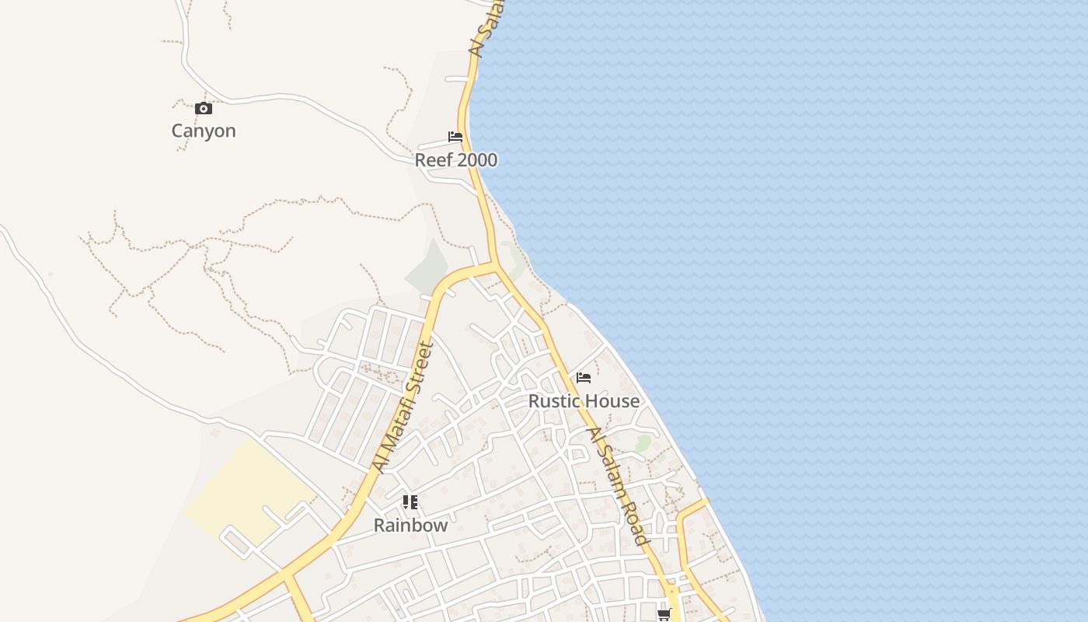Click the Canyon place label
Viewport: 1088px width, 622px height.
204,131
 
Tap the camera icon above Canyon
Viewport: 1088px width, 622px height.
204,109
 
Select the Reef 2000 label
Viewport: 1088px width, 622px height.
455,160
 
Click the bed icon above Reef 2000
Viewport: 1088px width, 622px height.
455,138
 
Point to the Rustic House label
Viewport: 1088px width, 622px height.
584,401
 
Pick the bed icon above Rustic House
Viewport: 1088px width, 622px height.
584,378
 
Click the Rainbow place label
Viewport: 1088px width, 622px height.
410,526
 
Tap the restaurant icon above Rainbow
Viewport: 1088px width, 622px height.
410,502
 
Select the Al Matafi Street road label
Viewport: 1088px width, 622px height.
402,407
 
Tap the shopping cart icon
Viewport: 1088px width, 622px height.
664,615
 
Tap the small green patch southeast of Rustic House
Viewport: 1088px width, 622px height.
643,444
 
